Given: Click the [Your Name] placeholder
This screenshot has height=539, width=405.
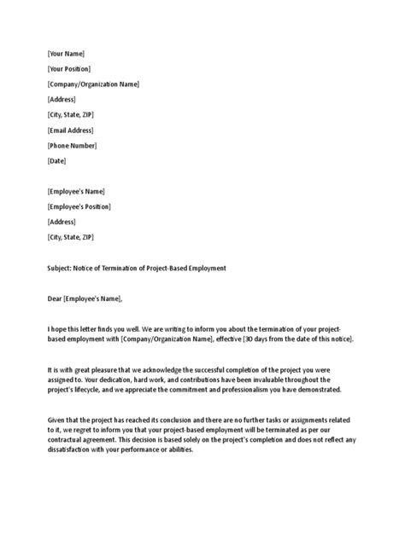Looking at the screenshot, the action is (x=66, y=54).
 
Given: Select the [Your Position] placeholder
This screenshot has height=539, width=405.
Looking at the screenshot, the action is (x=69, y=69).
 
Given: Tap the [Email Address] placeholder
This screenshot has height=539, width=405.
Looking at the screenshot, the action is (x=71, y=130).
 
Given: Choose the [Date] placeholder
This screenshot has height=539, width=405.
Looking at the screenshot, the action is (x=56, y=160).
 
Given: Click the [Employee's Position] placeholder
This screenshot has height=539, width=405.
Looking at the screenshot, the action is (x=79, y=206).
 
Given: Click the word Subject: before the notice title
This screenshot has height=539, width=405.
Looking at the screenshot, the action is (x=61, y=268).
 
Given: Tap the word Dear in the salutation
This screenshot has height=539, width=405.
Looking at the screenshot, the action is (x=56, y=298).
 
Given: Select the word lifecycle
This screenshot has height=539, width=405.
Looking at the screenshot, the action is (x=103, y=390).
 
